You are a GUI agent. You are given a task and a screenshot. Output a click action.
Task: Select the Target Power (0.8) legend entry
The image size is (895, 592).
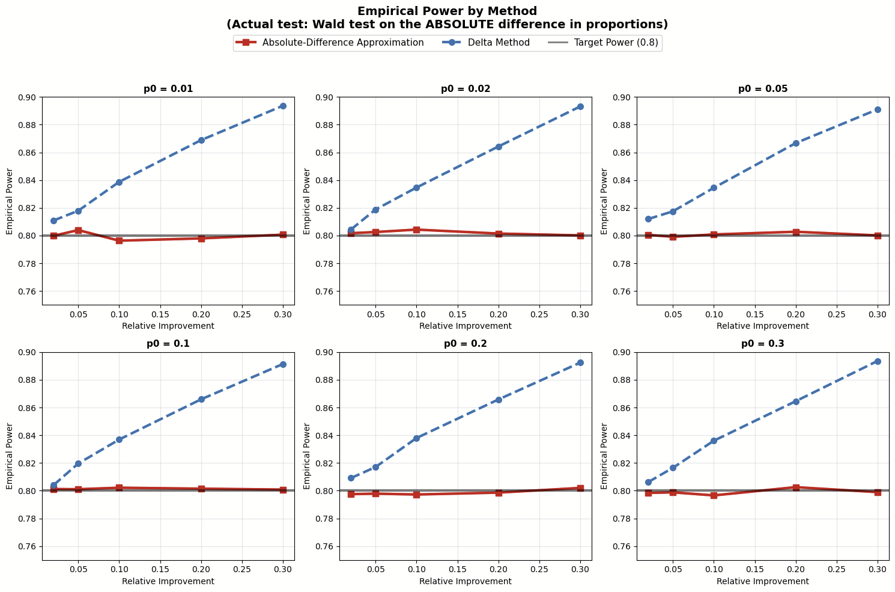pos(616,43)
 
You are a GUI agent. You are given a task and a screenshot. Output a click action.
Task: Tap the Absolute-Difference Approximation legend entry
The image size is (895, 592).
pos(343,43)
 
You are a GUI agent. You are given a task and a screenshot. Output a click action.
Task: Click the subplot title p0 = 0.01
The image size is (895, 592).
pos(168,89)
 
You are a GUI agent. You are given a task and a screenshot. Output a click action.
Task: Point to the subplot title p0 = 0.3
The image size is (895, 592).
pos(763,344)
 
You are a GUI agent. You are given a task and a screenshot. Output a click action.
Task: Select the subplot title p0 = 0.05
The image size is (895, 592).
pos(763,89)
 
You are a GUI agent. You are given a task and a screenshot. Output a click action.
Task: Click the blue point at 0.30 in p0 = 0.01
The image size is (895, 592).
pos(283,106)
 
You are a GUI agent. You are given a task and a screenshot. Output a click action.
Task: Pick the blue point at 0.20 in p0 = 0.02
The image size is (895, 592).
pos(499,147)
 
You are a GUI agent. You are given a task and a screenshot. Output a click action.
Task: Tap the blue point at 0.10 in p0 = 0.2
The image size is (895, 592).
pos(416,438)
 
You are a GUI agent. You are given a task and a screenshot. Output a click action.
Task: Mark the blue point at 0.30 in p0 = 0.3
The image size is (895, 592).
pos(878,361)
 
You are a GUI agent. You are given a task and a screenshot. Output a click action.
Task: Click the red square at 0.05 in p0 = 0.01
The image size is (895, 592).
pos(78,230)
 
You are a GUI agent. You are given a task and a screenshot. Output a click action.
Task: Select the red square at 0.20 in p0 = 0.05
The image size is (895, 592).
pos(796,232)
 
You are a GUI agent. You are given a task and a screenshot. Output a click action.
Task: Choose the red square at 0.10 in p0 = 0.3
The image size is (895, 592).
pos(714,495)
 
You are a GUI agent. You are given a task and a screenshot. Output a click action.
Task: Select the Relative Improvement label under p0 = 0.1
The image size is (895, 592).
pos(168,581)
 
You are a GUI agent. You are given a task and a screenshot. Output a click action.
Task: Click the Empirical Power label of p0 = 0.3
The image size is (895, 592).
pos(604,456)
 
